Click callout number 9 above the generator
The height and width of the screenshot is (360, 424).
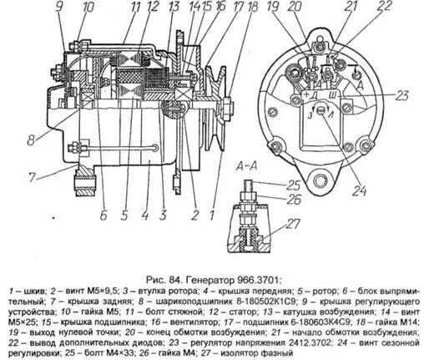pos(59,8)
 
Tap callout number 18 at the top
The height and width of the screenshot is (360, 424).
pos(251,7)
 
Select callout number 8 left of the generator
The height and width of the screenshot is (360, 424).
pos(31,140)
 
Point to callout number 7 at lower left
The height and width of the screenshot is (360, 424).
pos(33,176)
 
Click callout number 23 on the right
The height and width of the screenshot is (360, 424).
pos(401,95)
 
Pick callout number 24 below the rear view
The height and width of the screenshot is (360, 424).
pos(360,190)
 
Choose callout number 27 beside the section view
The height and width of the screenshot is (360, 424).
pos(293,224)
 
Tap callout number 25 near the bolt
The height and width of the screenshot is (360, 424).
pos(293,185)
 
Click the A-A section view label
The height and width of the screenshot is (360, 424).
pos(246,166)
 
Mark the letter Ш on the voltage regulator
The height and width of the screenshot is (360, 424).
pos(332,95)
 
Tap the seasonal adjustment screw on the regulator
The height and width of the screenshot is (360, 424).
pos(322,111)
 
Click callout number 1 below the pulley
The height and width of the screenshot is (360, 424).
pos(211,215)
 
